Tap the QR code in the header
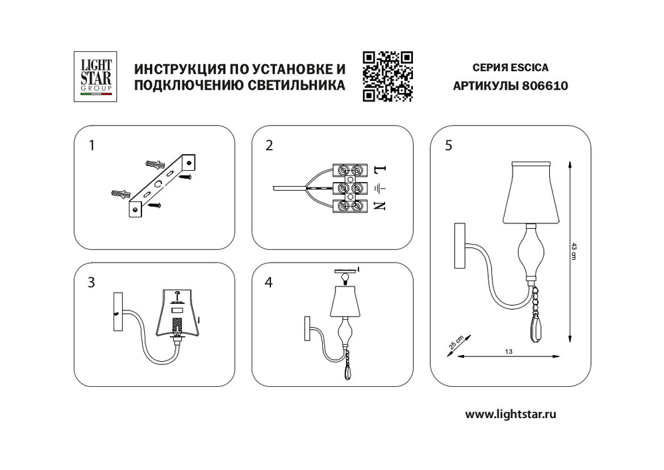pyautogui.click(x=388, y=76)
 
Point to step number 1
pyautogui.click(x=92, y=146)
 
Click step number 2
pyautogui.click(x=269, y=146)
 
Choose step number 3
pyautogui.click(x=92, y=283)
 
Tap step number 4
pyautogui.click(x=269, y=283)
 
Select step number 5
pyautogui.click(x=449, y=146)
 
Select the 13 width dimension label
pyautogui.click(x=509, y=351)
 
